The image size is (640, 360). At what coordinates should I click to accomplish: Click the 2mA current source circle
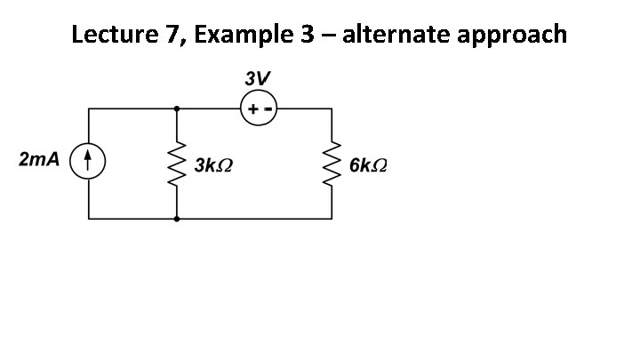(x=88, y=163)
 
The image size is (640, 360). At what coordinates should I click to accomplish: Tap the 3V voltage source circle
(x=259, y=109)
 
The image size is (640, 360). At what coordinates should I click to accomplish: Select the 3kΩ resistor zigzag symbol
(x=177, y=163)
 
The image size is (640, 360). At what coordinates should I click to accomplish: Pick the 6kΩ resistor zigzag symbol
(x=333, y=163)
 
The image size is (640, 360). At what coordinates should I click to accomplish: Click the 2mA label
(x=39, y=160)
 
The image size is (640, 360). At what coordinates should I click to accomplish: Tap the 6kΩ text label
(x=369, y=165)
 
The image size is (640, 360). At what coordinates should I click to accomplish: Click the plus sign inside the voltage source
(x=252, y=110)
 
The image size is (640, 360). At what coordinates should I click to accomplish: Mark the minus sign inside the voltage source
(x=267, y=110)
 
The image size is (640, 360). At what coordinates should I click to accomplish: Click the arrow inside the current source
(x=88, y=163)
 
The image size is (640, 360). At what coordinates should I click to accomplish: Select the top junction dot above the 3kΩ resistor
(x=177, y=108)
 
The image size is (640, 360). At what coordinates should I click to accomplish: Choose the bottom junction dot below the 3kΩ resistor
(x=177, y=218)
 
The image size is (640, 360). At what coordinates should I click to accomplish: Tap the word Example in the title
(x=237, y=36)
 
